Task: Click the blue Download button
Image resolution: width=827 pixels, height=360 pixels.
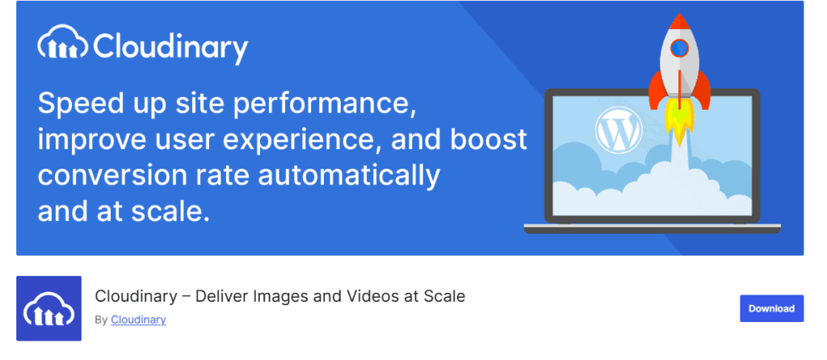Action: click(x=771, y=308)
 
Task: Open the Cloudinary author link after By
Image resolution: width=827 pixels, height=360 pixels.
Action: click(x=138, y=320)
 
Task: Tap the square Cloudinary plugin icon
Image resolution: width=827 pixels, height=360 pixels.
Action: click(x=49, y=308)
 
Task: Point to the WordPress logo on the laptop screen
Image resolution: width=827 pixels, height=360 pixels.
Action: click(x=619, y=130)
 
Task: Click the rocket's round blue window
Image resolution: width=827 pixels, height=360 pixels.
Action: click(x=679, y=48)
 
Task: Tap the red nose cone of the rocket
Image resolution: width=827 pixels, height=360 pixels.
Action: click(x=679, y=22)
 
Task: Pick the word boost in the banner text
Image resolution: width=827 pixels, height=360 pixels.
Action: click(x=489, y=140)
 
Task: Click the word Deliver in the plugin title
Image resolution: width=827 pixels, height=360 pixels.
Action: click(x=217, y=296)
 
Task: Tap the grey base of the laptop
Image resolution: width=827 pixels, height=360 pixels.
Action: click(x=652, y=228)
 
